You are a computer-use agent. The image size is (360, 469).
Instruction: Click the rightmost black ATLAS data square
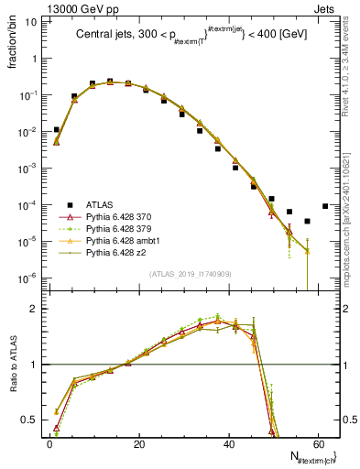325,206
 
